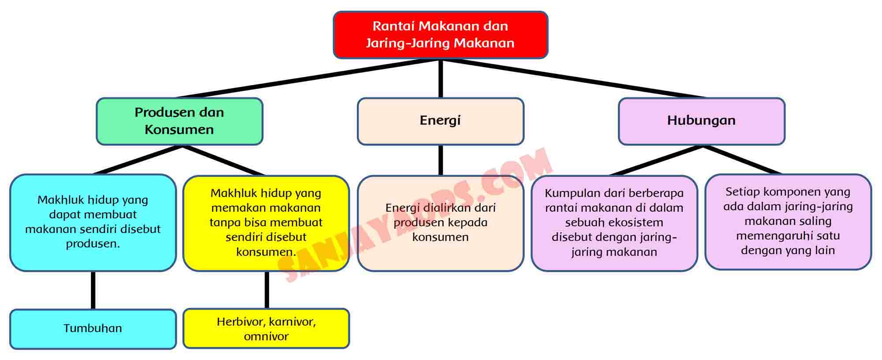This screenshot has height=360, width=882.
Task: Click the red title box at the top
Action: (x=440, y=34)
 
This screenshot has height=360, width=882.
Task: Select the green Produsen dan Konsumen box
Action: (x=179, y=121)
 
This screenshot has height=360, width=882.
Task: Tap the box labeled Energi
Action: (x=440, y=121)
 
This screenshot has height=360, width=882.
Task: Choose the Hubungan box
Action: (x=701, y=121)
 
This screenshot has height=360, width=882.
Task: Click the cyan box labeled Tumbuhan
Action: (x=93, y=329)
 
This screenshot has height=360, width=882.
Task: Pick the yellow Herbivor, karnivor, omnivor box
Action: (x=266, y=329)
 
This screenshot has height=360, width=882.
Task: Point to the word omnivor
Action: (x=266, y=336)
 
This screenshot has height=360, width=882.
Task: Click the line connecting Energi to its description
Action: (x=441, y=160)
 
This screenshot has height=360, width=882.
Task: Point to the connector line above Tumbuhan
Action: (x=93, y=290)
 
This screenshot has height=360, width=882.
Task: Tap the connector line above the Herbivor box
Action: (x=266, y=290)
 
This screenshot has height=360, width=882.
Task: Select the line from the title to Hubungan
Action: (x=573, y=79)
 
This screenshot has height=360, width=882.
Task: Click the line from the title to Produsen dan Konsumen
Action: (x=309, y=79)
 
